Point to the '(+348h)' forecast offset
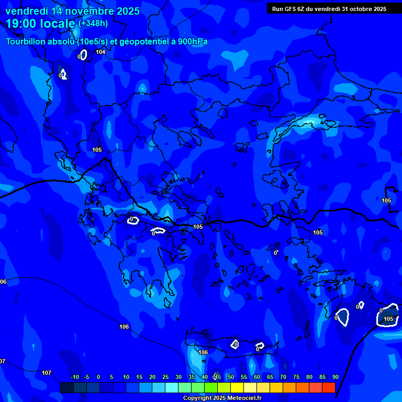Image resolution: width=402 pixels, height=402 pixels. (x=93, y=24)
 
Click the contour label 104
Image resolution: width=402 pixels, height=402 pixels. (x=100, y=52)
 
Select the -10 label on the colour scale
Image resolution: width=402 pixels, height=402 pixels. (x=74, y=377)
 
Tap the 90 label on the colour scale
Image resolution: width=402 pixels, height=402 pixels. (x=336, y=377)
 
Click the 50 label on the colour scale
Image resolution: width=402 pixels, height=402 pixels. (x=231, y=377)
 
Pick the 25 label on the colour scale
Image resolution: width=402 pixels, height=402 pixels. (x=165, y=377)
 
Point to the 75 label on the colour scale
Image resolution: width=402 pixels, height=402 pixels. (x=296, y=377)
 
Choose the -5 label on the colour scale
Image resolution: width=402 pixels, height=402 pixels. (x=86, y=377)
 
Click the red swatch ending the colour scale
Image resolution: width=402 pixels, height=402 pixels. (x=328, y=387)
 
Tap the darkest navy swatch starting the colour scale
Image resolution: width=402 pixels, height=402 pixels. (x=66, y=387)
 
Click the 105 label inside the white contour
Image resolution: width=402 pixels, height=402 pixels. (x=388, y=319)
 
